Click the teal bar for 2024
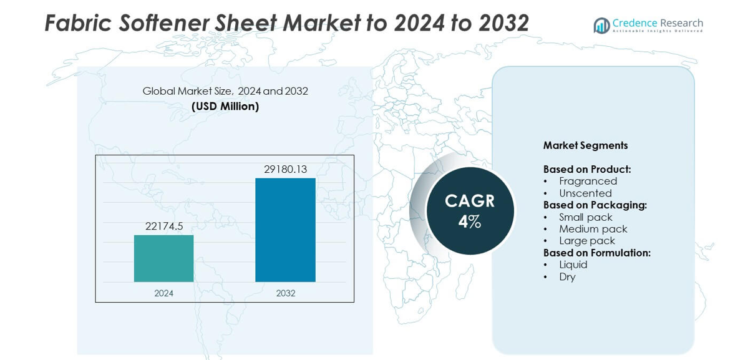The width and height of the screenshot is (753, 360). point(164,258)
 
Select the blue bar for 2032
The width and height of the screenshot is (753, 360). point(285,230)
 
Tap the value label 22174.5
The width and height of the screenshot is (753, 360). point(164,226)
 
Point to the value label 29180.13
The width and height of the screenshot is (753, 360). point(285,169)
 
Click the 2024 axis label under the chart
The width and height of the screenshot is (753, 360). point(164,293)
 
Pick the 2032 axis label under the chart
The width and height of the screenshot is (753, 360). point(286,293)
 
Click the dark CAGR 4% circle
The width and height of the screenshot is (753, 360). point(470,211)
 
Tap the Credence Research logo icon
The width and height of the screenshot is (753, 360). point(601,26)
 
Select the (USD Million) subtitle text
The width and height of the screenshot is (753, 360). point(225,107)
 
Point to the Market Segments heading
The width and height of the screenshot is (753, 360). point(585,145)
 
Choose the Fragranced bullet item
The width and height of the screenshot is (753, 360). point(588,181)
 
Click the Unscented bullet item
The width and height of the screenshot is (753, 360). point(585,193)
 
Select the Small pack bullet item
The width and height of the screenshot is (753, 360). point(586,217)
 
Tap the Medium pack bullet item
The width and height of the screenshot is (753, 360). point(593,229)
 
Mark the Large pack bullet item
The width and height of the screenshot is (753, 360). point(587,241)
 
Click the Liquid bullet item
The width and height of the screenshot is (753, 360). point(573,265)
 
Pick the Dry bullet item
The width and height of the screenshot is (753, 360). point(567,277)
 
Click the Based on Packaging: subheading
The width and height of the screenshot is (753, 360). point(595,205)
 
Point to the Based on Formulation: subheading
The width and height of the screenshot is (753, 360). point(596,253)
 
